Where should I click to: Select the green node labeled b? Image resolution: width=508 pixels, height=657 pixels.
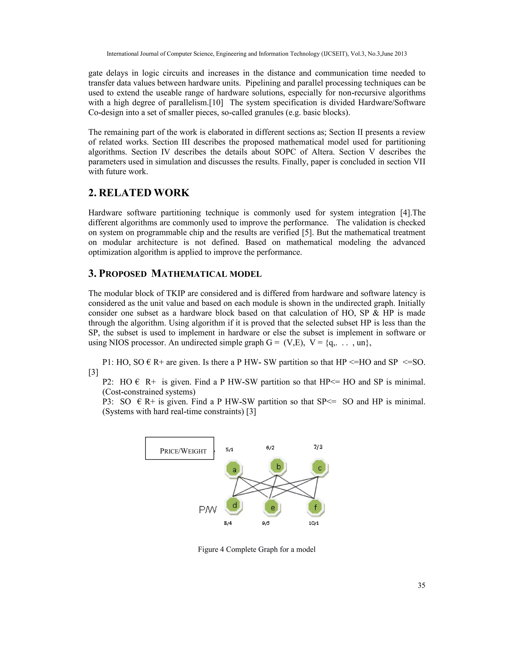pyautogui.click(x=278, y=466)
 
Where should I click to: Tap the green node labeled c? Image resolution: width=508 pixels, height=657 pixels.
pyautogui.click(x=319, y=468)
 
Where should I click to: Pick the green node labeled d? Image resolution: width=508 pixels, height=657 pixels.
pyautogui.click(x=234, y=505)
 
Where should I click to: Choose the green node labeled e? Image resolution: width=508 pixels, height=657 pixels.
pyautogui.click(x=272, y=508)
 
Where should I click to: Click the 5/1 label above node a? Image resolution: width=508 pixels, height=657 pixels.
pyautogui.click(x=229, y=449)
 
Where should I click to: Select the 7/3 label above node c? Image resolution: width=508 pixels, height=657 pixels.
pyautogui.click(x=318, y=447)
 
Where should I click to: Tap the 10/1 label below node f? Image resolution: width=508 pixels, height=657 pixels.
pyautogui.click(x=314, y=523)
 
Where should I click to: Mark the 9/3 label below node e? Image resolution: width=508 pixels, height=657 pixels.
pyautogui.click(x=266, y=523)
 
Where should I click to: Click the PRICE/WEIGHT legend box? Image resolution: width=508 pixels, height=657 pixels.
pyautogui.click(x=180, y=448)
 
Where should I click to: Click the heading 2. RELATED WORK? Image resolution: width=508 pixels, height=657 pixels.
pyautogui.click(x=139, y=193)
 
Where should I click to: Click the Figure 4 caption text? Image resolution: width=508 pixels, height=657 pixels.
pyautogui.click(x=256, y=549)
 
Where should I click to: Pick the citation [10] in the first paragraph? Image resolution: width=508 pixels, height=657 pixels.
pyautogui.click(x=216, y=103)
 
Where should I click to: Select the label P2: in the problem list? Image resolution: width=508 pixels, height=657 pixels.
pyautogui.click(x=108, y=382)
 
